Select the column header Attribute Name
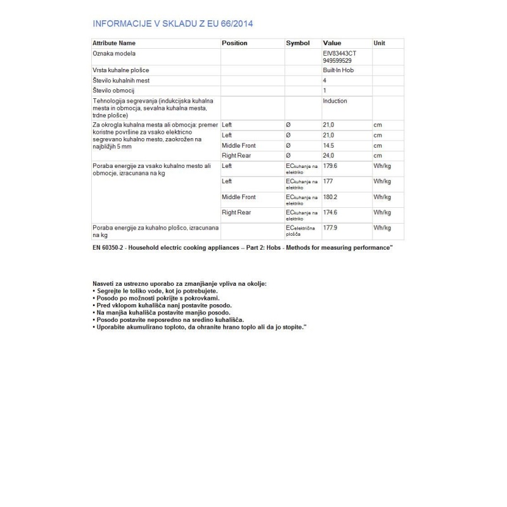tap(114, 43)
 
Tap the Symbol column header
tap(297, 43)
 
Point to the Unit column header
tap(379, 43)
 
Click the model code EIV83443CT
tap(340, 54)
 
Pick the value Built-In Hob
tap(338, 70)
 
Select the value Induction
tap(335, 101)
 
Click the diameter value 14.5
tap(330, 146)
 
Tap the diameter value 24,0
tap(330, 156)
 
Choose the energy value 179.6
tap(331, 167)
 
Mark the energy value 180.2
tap(331, 197)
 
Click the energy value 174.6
tap(331, 212)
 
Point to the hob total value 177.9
tap(331, 227)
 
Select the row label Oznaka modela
tap(114, 54)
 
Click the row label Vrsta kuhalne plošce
tap(121, 70)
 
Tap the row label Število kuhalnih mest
tap(121, 80)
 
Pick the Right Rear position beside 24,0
tap(236, 156)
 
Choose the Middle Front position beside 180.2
tap(238, 197)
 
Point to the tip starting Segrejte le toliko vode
tap(146, 290)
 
